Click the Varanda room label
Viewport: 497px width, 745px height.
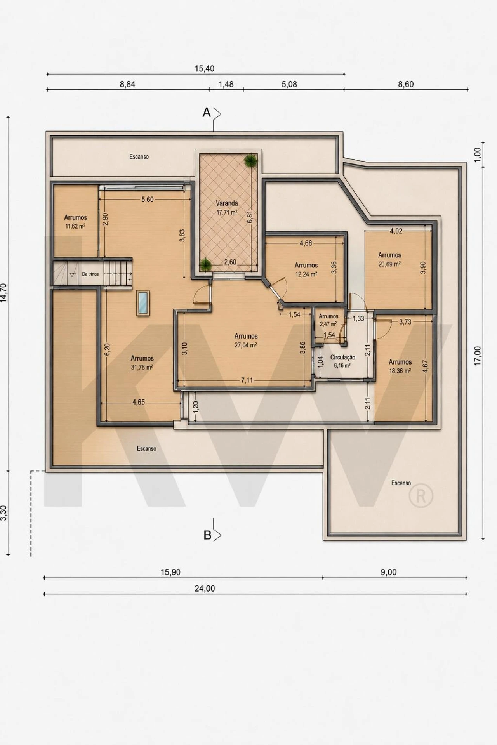(227, 203)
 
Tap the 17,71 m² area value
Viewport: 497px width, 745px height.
(227, 212)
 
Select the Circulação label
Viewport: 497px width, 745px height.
(342, 358)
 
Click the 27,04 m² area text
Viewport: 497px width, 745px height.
(246, 345)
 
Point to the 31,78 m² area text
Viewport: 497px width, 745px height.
(142, 367)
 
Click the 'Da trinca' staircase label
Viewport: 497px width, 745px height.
(90, 274)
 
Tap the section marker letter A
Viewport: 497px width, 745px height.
(207, 113)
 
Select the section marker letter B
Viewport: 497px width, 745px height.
(207, 535)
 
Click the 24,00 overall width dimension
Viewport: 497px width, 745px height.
(205, 589)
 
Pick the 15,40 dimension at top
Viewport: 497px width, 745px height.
(205, 69)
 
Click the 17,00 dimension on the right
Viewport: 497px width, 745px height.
(478, 355)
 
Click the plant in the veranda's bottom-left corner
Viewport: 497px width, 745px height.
(205, 266)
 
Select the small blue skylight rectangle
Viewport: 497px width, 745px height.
(143, 303)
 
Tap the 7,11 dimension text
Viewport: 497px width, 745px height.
(247, 380)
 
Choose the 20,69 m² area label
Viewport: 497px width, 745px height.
(389, 264)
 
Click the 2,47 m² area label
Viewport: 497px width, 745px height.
(328, 324)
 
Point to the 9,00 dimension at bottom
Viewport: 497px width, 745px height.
(388, 572)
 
